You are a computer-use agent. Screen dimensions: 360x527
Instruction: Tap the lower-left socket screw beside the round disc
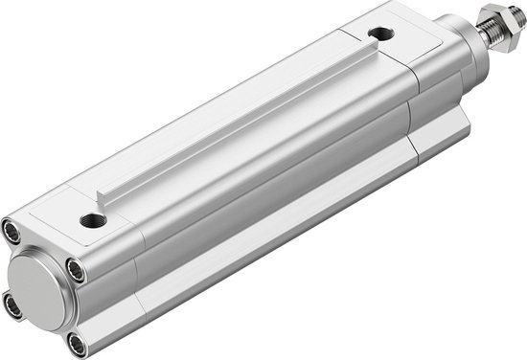(x=12, y=305)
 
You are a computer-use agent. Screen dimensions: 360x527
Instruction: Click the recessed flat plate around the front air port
(x=402, y=43)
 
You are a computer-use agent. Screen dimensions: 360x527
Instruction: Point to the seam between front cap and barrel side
(x=413, y=115)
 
